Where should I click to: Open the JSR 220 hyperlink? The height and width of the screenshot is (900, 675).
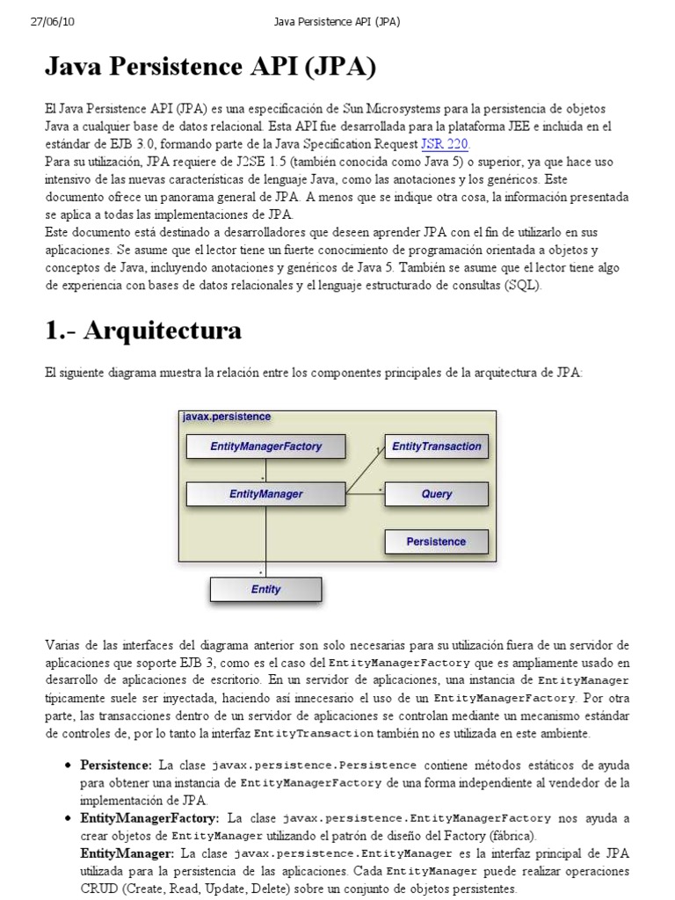pyautogui.click(x=446, y=144)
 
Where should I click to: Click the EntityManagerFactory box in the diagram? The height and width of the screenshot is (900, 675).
pyautogui.click(x=265, y=446)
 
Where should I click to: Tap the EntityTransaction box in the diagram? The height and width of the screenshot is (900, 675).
pyautogui.click(x=436, y=446)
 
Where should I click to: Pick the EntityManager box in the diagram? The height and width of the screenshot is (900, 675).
pyautogui.click(x=265, y=494)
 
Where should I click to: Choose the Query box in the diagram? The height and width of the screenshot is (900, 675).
pyautogui.click(x=436, y=494)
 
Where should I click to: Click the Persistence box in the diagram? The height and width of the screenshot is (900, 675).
pyautogui.click(x=436, y=541)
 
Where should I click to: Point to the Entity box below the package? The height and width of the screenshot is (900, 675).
pyautogui.click(x=265, y=589)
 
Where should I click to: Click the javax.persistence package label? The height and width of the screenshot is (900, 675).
pyautogui.click(x=227, y=417)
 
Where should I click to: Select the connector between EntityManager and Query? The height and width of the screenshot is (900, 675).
pyautogui.click(x=365, y=494)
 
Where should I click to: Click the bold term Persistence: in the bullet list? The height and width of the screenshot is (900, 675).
pyautogui.click(x=116, y=766)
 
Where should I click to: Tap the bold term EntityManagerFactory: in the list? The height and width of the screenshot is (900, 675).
pyautogui.click(x=150, y=818)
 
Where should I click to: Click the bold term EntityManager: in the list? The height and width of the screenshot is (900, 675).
pyautogui.click(x=127, y=853)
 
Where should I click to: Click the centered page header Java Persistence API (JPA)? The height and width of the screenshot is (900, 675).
pyautogui.click(x=337, y=22)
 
